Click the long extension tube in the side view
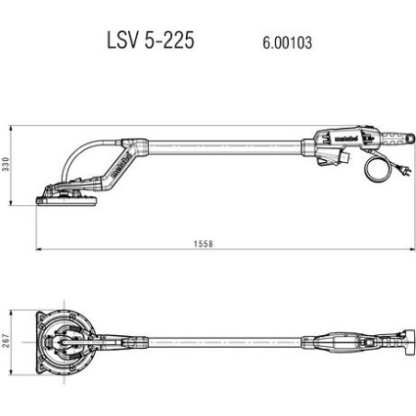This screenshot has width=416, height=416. pos(221,145)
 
